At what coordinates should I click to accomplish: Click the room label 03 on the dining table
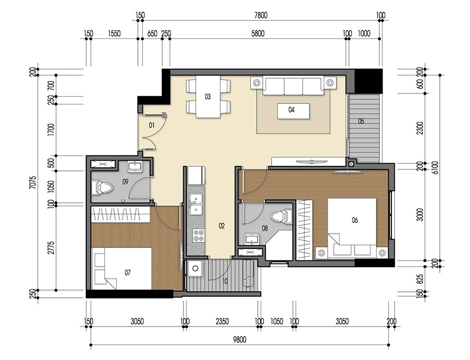208,97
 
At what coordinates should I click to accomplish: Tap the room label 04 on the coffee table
291,110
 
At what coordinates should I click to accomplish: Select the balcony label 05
361,121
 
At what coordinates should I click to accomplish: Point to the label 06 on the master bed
355,220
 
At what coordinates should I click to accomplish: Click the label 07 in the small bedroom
128,272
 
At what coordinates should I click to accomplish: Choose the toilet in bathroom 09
104,188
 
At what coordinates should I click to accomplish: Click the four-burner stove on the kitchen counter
197,235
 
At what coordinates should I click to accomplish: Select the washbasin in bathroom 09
135,167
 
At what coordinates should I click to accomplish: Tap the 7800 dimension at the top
258,16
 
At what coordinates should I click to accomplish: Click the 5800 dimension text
258,34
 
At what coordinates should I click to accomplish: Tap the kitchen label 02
222,225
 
